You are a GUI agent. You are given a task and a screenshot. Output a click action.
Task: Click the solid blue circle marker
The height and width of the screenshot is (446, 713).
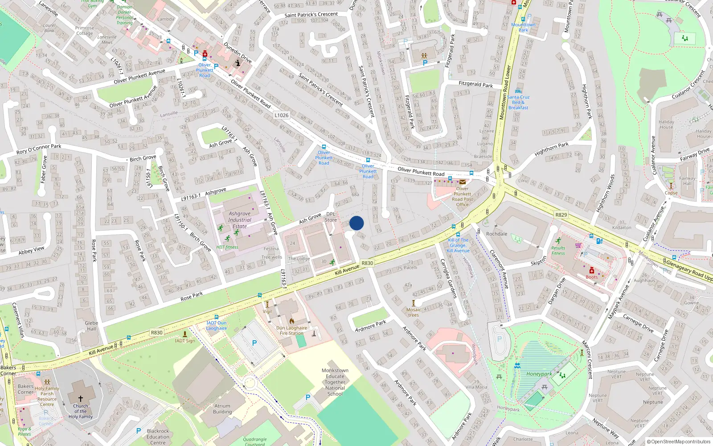356,223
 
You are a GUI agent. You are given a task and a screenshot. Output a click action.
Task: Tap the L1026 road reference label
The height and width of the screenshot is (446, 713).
281,115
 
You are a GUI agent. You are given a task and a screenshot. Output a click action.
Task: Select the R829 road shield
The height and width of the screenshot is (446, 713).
561,215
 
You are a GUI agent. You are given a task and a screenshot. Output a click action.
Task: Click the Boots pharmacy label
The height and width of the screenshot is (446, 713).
592,277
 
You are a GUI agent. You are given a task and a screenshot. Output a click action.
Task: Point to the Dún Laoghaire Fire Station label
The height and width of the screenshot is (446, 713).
291,330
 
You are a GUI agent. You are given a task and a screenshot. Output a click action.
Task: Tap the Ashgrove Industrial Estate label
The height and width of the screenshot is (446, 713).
240,220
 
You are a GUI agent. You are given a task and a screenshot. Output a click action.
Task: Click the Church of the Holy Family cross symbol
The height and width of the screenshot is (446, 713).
81,398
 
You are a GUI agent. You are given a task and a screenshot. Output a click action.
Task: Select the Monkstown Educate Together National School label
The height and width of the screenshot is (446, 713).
335,382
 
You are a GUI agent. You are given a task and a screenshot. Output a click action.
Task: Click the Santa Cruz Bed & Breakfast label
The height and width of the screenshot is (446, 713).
518,102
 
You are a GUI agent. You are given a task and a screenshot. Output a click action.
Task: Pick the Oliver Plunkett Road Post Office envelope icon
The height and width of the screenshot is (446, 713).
463,182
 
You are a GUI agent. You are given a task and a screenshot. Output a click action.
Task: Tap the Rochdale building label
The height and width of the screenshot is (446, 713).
497,234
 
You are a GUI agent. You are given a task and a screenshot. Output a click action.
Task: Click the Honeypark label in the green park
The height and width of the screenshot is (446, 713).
539,374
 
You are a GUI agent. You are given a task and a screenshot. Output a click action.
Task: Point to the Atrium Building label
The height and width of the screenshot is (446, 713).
222,409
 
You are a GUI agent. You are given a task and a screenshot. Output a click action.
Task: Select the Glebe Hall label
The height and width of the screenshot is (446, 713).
91,326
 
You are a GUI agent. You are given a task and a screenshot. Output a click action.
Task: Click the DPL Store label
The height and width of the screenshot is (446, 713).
331,217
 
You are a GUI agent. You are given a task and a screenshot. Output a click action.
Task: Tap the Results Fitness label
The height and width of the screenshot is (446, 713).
558,251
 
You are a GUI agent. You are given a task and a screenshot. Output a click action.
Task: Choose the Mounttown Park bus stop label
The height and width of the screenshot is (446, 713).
523,27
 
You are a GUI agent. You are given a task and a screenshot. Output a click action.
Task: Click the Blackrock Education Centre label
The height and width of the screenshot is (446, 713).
158,437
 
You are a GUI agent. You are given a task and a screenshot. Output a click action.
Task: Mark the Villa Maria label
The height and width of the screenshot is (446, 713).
476,387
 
